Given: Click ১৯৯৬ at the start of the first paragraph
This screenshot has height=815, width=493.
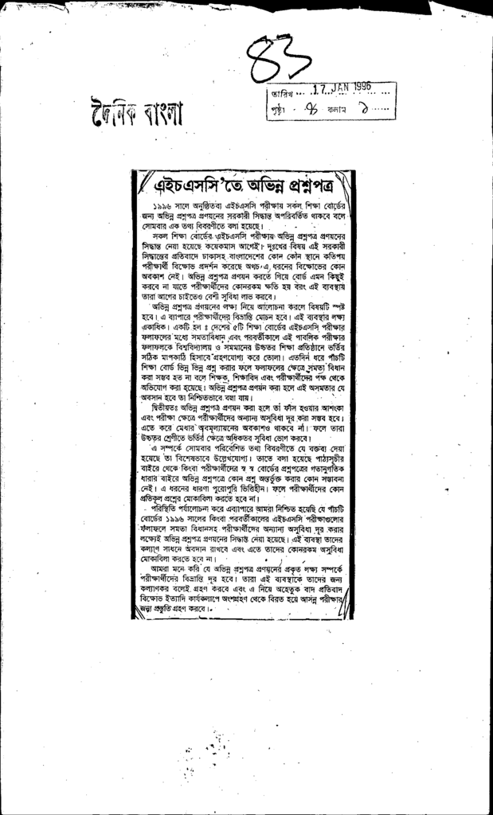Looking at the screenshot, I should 163,205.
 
